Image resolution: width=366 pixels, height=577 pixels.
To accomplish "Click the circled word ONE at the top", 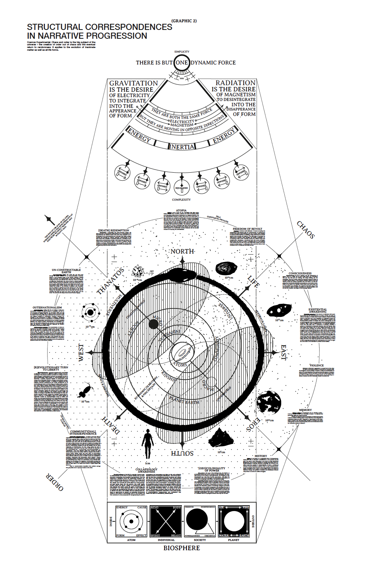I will coord(181,63).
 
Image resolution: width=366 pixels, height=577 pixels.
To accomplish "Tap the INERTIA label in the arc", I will coord(182,147).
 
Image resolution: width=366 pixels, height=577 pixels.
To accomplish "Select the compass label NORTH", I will coord(182,251).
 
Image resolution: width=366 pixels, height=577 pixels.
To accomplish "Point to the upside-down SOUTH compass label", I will coord(182,453).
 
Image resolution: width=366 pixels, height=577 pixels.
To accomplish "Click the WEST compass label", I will coord(81,352).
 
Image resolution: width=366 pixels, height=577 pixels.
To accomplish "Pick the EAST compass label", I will coord(284,352).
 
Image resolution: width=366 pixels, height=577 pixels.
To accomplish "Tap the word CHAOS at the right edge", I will coord(306,229).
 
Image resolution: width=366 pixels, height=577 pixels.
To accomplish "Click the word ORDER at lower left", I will coord(55,482).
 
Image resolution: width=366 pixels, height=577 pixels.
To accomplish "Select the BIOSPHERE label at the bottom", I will coord(181,548).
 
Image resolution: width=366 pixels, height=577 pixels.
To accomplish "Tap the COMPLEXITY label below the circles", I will coord(181,199).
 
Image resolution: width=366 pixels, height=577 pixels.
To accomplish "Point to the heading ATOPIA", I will coord(181,210).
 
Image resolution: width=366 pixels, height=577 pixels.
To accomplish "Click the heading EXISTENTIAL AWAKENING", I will coord(318,310).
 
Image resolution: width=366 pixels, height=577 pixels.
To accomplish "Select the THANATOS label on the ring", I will coord(110,281).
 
